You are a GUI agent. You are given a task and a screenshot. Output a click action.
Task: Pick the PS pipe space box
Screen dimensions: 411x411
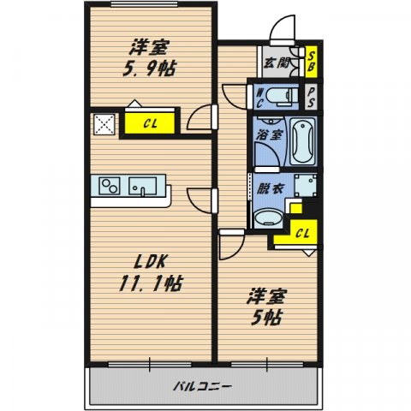[313, 94]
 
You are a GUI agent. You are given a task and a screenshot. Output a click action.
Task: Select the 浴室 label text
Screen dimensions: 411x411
[268, 135]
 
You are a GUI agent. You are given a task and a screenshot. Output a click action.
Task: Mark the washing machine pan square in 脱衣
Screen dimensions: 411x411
[304, 186]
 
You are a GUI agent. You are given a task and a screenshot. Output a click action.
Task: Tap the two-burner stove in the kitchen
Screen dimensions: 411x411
[110, 185]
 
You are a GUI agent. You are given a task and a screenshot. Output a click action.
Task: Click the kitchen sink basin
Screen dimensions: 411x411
[143, 186]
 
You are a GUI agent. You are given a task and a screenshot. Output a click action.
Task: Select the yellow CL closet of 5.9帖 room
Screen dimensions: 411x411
[149, 123]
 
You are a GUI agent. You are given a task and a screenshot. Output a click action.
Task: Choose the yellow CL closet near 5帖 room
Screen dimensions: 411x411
[302, 232]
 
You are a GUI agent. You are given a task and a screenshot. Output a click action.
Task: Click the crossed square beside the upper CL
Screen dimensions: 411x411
[103, 123]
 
